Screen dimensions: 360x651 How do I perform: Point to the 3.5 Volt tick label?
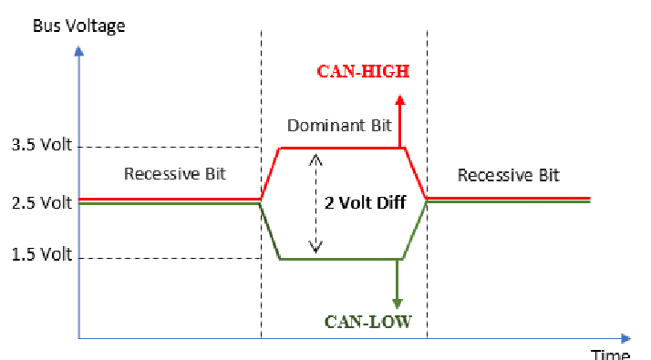tap(41, 145)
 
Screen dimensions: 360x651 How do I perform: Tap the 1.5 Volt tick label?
tap(41, 255)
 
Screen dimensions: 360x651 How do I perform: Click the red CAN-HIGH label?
tap(363, 71)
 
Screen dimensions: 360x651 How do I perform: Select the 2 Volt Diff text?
tap(365, 203)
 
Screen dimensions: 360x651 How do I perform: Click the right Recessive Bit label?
tap(509, 175)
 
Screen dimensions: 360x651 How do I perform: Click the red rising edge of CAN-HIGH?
tap(270, 173)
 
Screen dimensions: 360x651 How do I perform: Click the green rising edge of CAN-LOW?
tap(415, 231)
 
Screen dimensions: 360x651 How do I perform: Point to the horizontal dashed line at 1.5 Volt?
tap(173, 259)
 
